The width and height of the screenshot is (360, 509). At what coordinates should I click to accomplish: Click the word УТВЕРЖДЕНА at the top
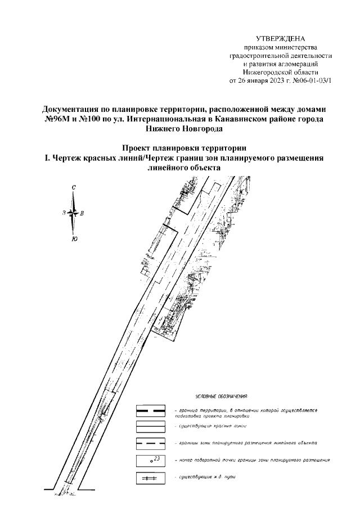click(x=280, y=39)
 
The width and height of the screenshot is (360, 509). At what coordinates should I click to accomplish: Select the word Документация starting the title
click(x=74, y=110)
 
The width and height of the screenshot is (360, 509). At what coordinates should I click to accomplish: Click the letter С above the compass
click(x=74, y=187)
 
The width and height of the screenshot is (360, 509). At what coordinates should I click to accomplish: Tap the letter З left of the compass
click(x=64, y=213)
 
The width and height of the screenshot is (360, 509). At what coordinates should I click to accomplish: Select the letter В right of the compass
click(x=83, y=213)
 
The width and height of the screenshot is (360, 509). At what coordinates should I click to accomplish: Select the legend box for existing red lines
click(x=151, y=427)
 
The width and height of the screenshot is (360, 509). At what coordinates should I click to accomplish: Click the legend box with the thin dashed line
click(x=151, y=443)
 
